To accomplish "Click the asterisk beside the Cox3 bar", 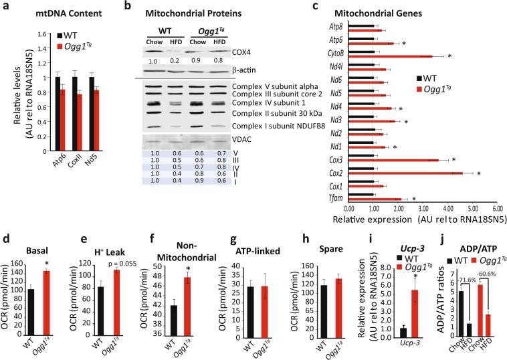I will [x=452, y=160].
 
